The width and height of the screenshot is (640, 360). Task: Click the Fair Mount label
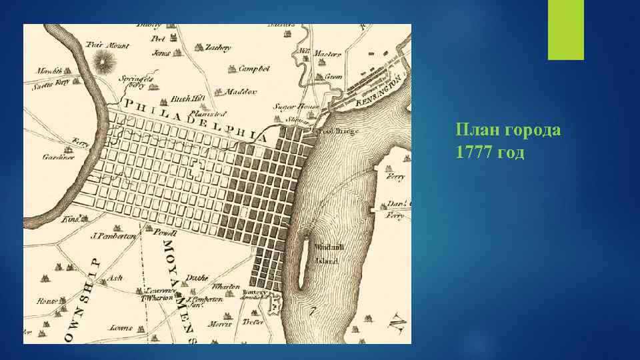(x=107, y=45)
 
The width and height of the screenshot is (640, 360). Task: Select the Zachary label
(x=218, y=48)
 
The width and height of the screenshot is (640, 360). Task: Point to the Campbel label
(x=255, y=69)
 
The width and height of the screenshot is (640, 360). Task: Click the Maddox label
(x=241, y=91)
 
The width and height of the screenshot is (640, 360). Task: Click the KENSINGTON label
(x=379, y=91)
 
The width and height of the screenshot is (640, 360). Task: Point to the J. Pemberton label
(x=113, y=236)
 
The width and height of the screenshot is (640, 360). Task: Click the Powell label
(x=165, y=234)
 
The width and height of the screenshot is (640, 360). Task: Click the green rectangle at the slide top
(x=565, y=29)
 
